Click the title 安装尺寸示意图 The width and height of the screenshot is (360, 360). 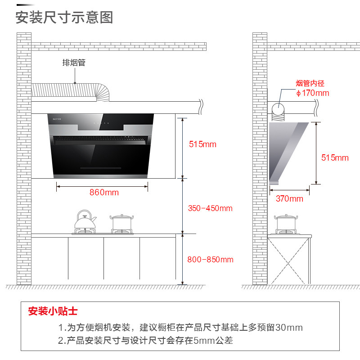point(64,17)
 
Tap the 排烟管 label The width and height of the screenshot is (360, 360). point(74,63)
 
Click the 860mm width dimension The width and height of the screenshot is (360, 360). point(104,192)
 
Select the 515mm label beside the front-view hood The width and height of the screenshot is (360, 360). point(202,144)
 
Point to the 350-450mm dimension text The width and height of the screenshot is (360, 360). point(210,208)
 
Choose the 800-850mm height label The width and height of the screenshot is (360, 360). point(211,260)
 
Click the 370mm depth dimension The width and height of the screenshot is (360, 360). point(289,198)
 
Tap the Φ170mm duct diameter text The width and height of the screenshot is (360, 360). point(313,93)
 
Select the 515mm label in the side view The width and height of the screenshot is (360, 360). point(335,158)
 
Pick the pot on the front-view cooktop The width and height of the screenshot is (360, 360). point(122,222)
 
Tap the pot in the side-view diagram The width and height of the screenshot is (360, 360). point(286,222)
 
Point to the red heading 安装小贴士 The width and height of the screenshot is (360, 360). point(53,311)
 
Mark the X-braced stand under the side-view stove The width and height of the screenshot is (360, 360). point(288,261)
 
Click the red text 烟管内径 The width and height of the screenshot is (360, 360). point(310,83)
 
